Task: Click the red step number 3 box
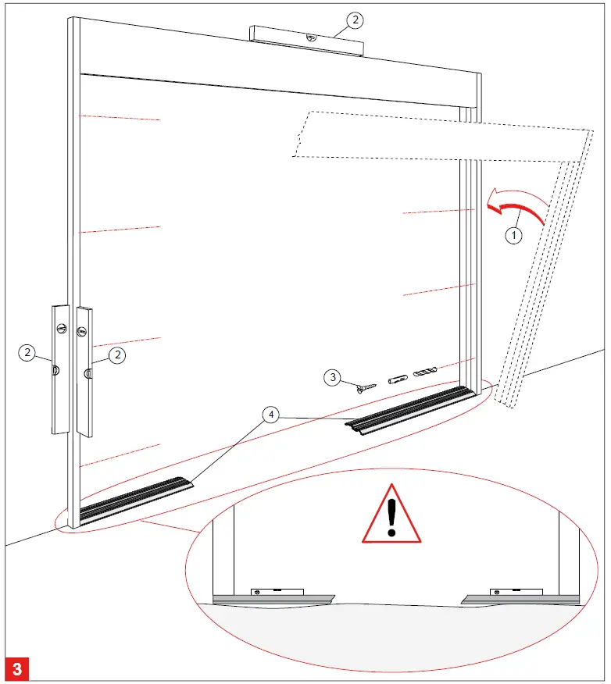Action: tap(17, 668)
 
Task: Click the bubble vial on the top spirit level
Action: tap(310, 35)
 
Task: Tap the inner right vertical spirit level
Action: tap(84, 371)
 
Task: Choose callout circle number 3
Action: tap(334, 378)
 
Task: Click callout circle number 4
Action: tap(270, 415)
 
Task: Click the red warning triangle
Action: tap(391, 515)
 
